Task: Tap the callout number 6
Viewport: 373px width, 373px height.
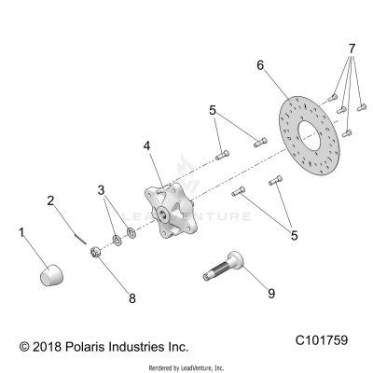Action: click(x=261, y=64)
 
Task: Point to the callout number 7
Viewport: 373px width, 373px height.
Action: click(x=351, y=47)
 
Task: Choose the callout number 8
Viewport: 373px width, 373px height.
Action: click(x=131, y=298)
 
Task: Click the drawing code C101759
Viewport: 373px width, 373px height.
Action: click(x=322, y=344)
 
